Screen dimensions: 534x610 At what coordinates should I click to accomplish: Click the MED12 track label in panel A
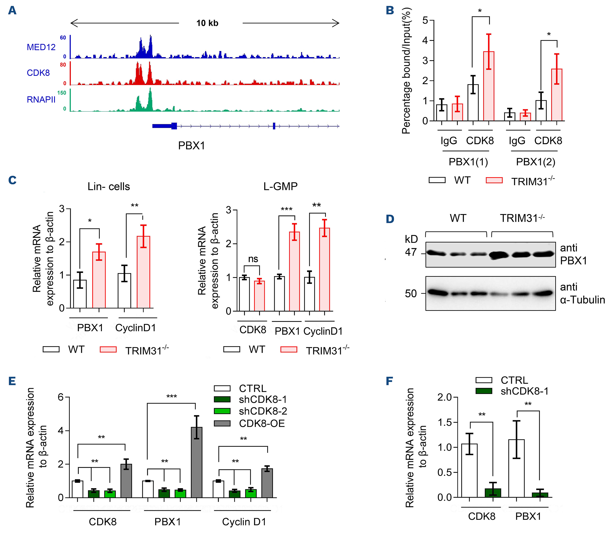(x=41, y=47)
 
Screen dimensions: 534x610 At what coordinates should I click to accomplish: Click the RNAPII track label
(x=41, y=100)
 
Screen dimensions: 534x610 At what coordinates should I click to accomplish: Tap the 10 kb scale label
(x=207, y=23)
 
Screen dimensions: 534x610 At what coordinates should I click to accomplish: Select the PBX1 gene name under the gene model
(x=191, y=146)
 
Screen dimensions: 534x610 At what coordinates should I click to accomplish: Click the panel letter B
(x=390, y=10)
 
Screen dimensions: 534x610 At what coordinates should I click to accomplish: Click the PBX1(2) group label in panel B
(x=536, y=162)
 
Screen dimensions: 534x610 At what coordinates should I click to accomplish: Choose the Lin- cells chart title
(x=109, y=186)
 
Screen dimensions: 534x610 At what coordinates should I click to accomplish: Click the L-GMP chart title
(x=280, y=186)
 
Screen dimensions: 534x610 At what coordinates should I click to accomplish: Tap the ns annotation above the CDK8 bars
(x=253, y=259)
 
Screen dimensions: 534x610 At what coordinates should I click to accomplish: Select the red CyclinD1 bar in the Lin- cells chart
(x=143, y=272)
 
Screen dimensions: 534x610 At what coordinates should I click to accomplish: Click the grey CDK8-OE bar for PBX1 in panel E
(x=197, y=462)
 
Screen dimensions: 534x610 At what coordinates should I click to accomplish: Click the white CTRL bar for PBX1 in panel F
(x=516, y=469)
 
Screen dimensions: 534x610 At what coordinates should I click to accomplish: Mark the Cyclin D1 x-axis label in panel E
(x=244, y=522)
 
